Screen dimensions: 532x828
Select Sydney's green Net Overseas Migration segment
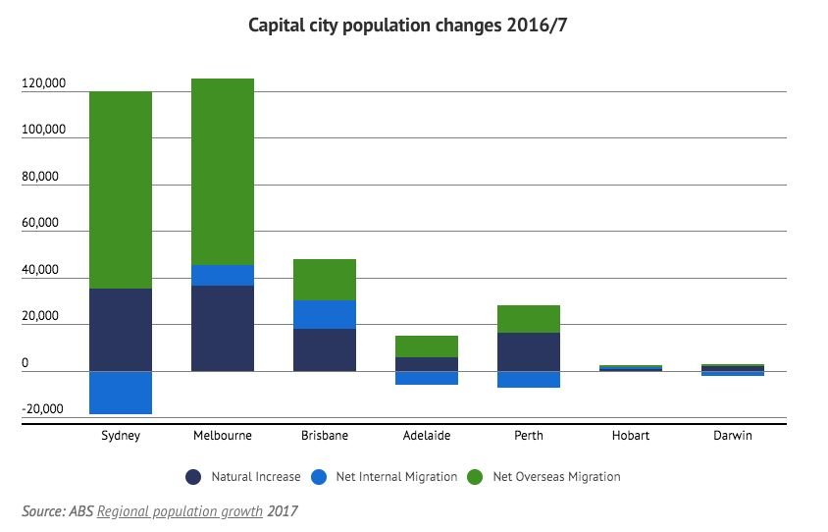click(121, 189)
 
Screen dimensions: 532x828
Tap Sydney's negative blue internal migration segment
click(121, 392)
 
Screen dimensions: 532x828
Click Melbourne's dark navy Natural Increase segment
click(223, 328)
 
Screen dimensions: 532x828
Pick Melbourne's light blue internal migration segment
click(223, 275)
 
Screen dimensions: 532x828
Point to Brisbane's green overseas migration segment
click(325, 280)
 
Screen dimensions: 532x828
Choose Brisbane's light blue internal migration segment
click(325, 314)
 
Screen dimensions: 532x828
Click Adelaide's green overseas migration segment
click(427, 346)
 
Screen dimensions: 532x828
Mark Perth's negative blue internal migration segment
click(529, 379)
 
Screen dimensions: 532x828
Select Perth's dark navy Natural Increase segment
click(529, 351)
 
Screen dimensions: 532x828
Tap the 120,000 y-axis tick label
click(43, 84)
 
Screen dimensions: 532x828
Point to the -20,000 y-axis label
click(43, 409)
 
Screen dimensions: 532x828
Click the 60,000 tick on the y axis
click(43, 224)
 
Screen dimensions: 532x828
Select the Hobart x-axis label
click(631, 436)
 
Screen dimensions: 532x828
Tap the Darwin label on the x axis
click(733, 436)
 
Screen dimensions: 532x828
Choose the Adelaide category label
click(427, 436)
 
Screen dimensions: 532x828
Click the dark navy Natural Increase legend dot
click(193, 477)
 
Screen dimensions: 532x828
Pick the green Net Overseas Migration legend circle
click(475, 477)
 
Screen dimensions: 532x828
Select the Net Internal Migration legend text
click(396, 477)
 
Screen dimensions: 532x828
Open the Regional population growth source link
click(181, 511)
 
